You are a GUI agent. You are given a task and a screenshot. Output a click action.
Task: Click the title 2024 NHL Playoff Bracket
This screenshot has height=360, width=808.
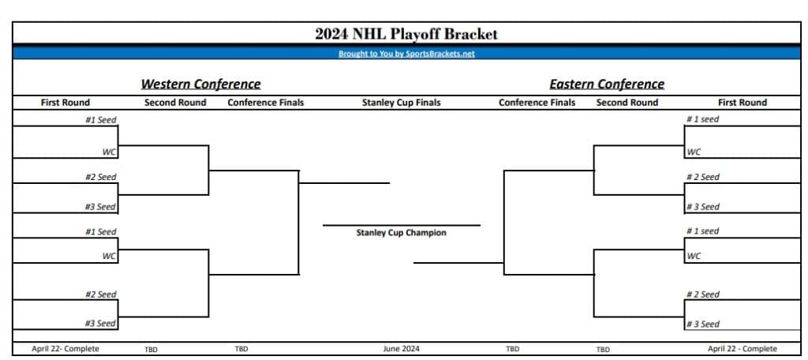pyautogui.click(x=406, y=34)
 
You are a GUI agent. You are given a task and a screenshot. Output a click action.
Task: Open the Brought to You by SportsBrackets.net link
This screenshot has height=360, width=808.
pyautogui.click(x=406, y=54)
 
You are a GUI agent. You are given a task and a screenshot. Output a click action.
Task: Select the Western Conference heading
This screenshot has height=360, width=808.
pyautogui.click(x=200, y=84)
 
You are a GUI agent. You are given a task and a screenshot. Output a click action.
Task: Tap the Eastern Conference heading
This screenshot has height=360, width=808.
pyautogui.click(x=607, y=84)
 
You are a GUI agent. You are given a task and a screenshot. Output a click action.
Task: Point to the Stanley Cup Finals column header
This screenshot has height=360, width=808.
pyautogui.click(x=401, y=103)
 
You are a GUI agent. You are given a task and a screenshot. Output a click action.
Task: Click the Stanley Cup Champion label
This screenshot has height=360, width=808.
pyautogui.click(x=401, y=233)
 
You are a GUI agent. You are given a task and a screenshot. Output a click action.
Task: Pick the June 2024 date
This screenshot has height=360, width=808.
pyautogui.click(x=401, y=349)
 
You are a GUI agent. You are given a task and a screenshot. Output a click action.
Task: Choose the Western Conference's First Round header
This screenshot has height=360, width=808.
pyautogui.click(x=65, y=103)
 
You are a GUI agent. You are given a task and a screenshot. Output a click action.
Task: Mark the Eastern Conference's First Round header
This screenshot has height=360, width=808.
pyautogui.click(x=742, y=103)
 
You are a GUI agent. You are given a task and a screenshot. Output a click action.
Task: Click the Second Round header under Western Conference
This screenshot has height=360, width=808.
pyautogui.click(x=175, y=103)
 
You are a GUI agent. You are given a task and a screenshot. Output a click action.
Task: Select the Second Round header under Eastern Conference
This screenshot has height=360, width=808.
pyautogui.click(x=627, y=103)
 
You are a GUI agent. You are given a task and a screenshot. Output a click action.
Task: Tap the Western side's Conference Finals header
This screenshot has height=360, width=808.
pyautogui.click(x=265, y=103)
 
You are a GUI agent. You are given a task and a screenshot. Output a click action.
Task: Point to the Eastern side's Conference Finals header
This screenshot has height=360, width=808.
pyautogui.click(x=537, y=103)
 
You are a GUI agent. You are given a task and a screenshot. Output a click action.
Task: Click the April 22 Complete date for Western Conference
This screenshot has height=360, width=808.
pyautogui.click(x=65, y=349)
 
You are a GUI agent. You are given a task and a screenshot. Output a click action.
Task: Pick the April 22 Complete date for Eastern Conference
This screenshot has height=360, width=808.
pyautogui.click(x=742, y=349)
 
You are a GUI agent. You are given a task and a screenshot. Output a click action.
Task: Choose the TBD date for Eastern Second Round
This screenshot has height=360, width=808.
pyautogui.click(x=603, y=349)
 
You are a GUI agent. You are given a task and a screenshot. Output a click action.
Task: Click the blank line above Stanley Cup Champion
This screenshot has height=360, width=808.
pyautogui.click(x=401, y=224)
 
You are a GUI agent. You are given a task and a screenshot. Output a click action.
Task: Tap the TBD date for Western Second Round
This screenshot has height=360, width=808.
pyautogui.click(x=151, y=349)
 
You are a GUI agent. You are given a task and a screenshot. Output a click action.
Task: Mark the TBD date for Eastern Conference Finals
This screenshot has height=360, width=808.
pyautogui.click(x=512, y=349)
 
